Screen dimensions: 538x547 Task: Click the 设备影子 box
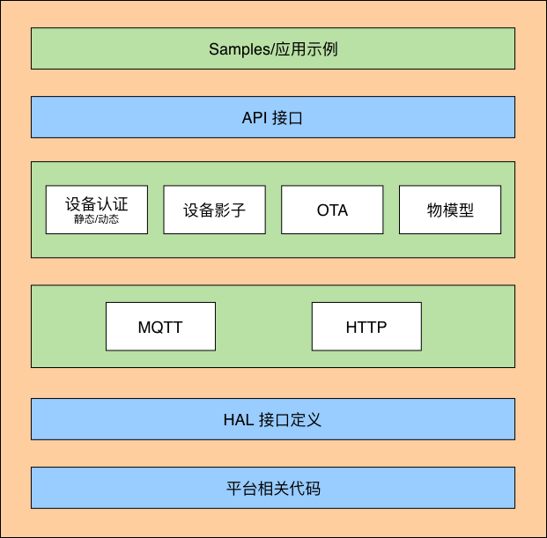click(x=214, y=210)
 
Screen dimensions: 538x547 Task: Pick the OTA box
click(x=332, y=210)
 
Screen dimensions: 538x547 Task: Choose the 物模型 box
click(x=450, y=210)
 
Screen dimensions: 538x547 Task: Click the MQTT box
click(x=160, y=327)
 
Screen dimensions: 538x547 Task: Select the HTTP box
click(x=366, y=327)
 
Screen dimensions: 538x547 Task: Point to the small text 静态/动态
click(x=96, y=220)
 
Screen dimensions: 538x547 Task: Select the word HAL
click(x=239, y=419)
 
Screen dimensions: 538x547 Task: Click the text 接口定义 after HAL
click(x=291, y=419)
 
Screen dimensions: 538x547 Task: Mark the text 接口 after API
click(x=288, y=117)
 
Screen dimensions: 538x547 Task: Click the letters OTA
click(x=332, y=210)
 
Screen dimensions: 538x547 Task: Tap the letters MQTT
click(x=160, y=328)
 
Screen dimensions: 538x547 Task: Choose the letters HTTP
click(x=366, y=328)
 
